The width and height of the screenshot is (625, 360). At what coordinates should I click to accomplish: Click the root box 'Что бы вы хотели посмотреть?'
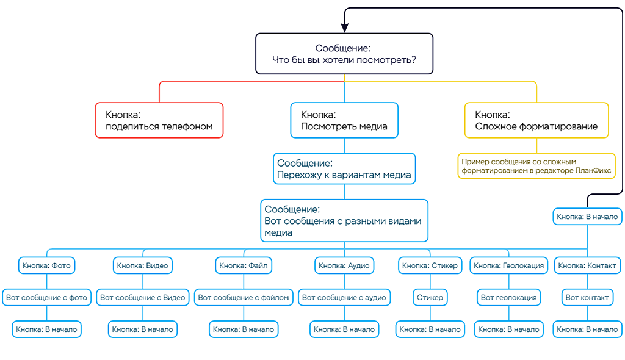click(x=344, y=54)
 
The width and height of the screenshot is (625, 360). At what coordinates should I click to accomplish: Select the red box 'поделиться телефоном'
click(x=159, y=120)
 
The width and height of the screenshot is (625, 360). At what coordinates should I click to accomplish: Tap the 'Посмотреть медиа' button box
click(x=344, y=120)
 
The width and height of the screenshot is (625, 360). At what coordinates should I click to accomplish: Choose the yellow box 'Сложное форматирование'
click(x=536, y=120)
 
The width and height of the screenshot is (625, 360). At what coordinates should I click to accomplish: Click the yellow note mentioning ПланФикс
click(x=536, y=165)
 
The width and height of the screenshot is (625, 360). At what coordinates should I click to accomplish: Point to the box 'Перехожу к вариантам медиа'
click(x=344, y=169)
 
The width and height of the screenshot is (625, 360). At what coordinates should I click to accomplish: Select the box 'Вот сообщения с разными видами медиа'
click(x=344, y=220)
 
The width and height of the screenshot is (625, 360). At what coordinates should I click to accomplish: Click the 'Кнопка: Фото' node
click(x=46, y=265)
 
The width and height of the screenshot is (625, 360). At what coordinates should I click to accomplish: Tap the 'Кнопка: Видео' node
click(x=142, y=265)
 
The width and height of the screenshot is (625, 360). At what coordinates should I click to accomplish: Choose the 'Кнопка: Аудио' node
click(x=344, y=265)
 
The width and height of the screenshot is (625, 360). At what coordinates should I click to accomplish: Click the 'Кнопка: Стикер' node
click(x=430, y=265)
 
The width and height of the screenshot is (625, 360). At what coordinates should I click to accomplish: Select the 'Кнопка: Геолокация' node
click(x=508, y=265)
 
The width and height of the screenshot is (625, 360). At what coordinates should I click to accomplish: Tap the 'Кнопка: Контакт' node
click(x=588, y=265)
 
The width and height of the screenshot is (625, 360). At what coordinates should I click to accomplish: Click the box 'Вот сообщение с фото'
click(x=47, y=297)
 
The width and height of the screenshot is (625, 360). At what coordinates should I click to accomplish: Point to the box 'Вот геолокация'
click(x=508, y=297)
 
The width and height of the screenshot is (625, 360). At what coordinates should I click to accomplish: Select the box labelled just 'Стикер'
click(x=430, y=297)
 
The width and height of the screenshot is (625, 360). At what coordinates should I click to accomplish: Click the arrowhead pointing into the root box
click(x=344, y=28)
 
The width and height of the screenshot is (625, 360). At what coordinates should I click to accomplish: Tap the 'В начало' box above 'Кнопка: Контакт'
click(x=588, y=216)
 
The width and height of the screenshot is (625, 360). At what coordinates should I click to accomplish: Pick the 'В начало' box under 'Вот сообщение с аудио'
click(x=344, y=329)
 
